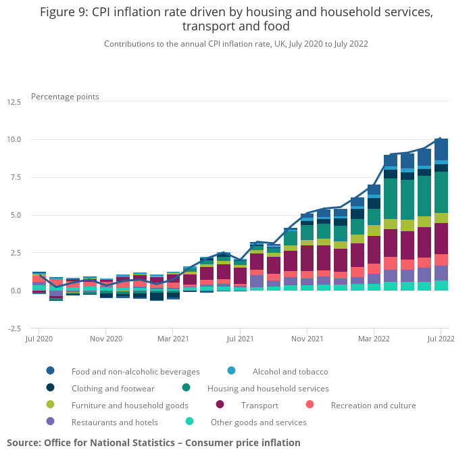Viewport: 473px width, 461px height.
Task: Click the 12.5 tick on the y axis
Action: [x=14, y=102]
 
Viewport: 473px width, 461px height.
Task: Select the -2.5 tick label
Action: [x=14, y=329]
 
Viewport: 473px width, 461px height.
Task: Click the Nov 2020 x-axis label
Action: [x=106, y=338]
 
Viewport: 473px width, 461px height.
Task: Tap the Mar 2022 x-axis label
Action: [x=374, y=338]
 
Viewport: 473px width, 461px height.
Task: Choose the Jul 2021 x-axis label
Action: [x=240, y=338]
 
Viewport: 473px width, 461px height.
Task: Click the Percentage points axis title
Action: [x=65, y=97]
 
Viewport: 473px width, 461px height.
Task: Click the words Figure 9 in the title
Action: [x=66, y=12]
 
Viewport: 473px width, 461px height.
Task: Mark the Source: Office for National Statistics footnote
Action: [x=153, y=443]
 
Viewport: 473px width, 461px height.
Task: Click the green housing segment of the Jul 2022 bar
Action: [x=441, y=192]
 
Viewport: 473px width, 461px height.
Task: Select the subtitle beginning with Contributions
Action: [x=236, y=43]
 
